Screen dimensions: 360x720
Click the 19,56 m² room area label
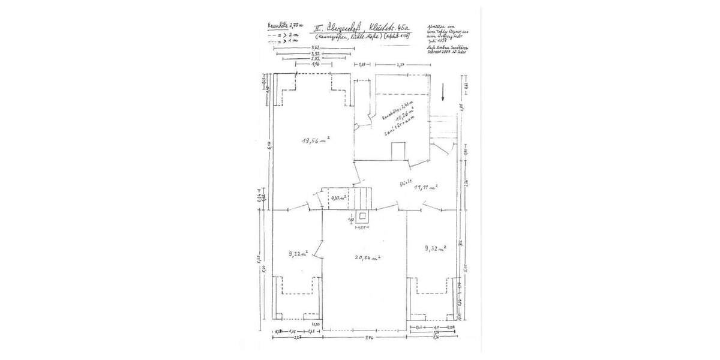pos(316,140)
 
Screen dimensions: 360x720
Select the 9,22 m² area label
pos(298,254)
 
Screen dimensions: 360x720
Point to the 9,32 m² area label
pos(435,248)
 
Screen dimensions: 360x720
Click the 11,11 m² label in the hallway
pos(426,188)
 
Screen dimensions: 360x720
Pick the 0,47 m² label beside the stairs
pos(340,197)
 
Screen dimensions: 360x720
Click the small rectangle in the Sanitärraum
pos(397,151)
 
